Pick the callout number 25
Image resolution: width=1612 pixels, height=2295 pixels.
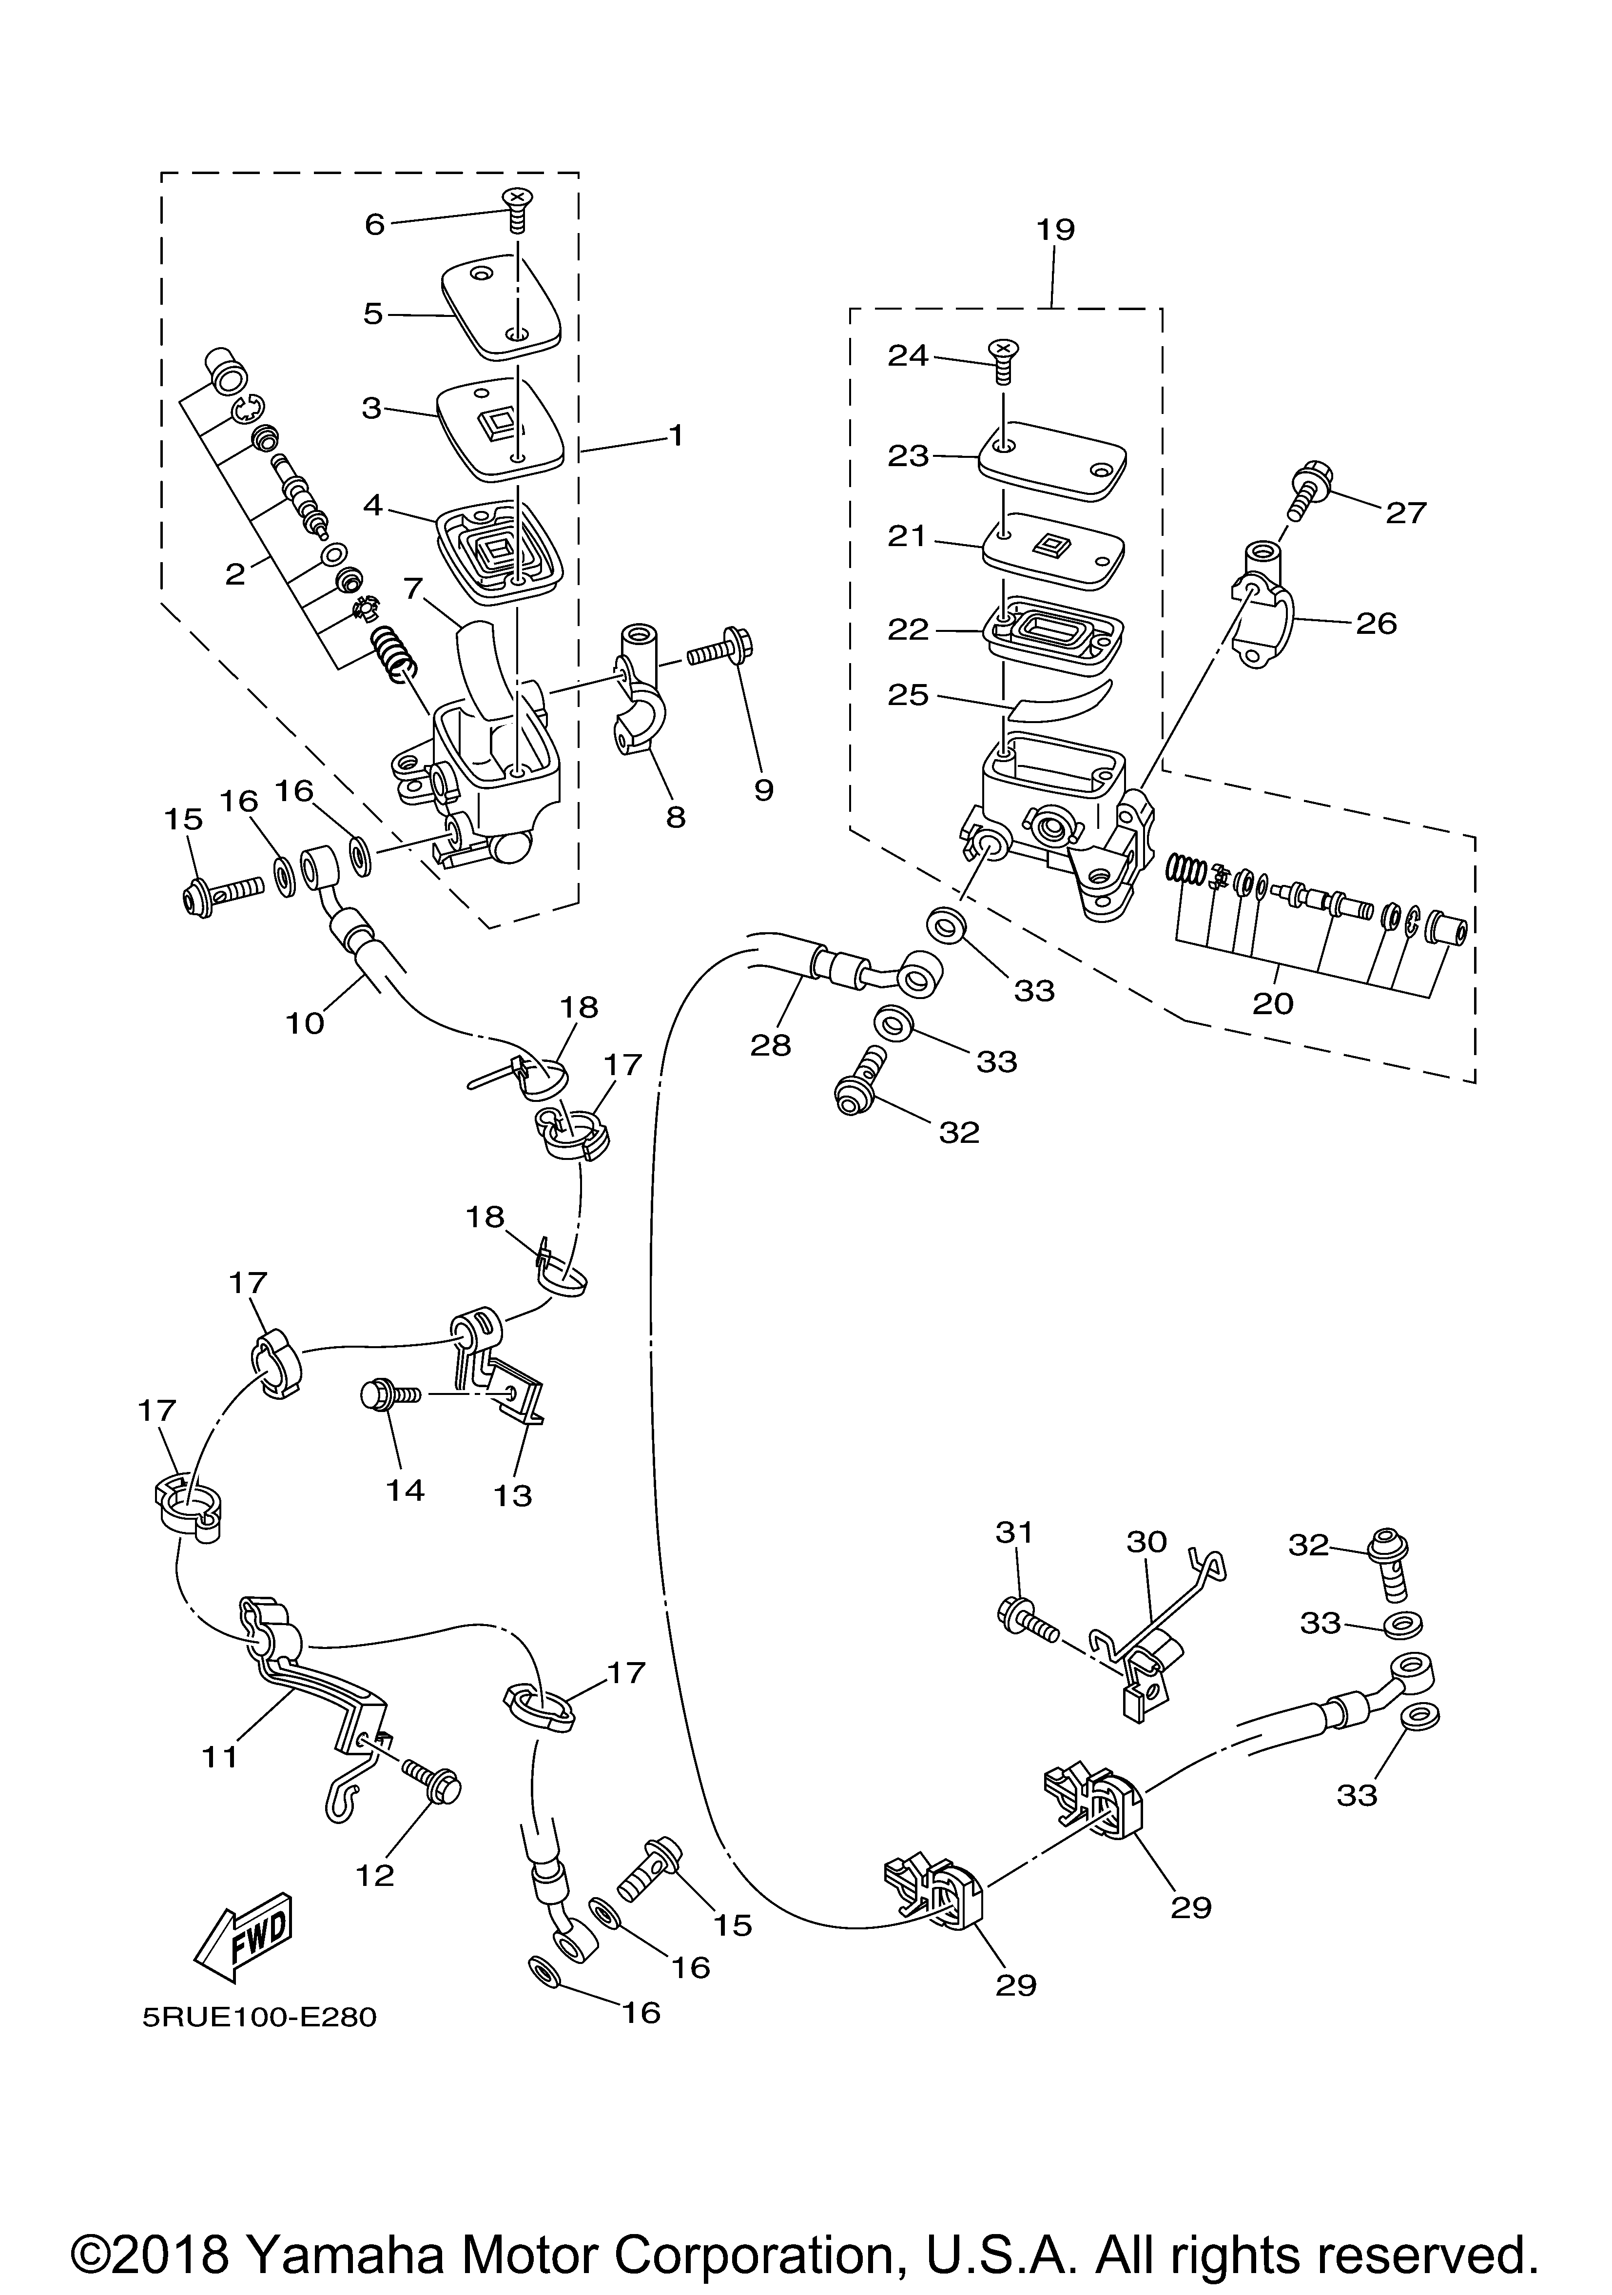point(909,694)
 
